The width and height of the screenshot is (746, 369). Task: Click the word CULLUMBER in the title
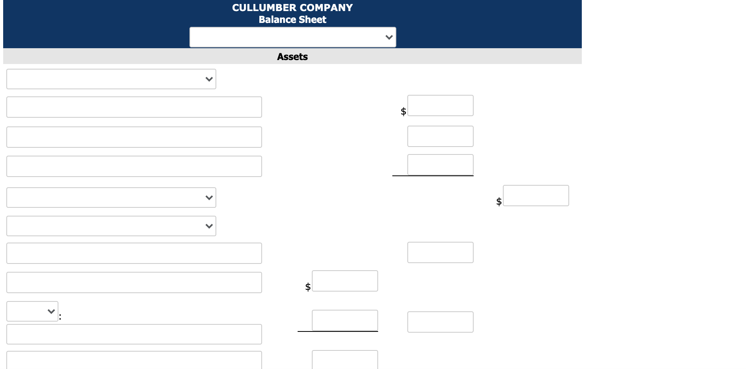point(264,8)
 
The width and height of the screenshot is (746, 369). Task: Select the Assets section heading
point(292,57)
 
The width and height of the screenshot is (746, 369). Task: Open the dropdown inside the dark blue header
point(293,37)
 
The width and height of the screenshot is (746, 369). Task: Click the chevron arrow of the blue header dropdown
point(389,38)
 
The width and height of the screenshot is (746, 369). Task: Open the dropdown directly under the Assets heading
point(111,79)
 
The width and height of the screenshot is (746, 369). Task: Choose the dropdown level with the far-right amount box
point(111,198)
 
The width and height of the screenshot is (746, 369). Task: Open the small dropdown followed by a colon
point(32,311)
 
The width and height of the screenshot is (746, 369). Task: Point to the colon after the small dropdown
point(60,316)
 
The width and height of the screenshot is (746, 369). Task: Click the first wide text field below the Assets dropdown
point(134,107)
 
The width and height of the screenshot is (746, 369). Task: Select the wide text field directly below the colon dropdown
point(134,334)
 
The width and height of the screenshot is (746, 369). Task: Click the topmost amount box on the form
point(440,105)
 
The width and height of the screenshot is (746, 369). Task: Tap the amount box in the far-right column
point(536,196)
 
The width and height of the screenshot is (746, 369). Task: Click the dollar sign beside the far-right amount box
point(499,201)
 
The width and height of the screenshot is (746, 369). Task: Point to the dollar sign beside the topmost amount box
point(403,111)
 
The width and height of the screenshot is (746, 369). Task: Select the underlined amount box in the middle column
point(440,165)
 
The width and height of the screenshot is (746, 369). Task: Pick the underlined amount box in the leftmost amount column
point(345,320)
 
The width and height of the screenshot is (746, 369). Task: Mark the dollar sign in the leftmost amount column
point(308,287)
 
